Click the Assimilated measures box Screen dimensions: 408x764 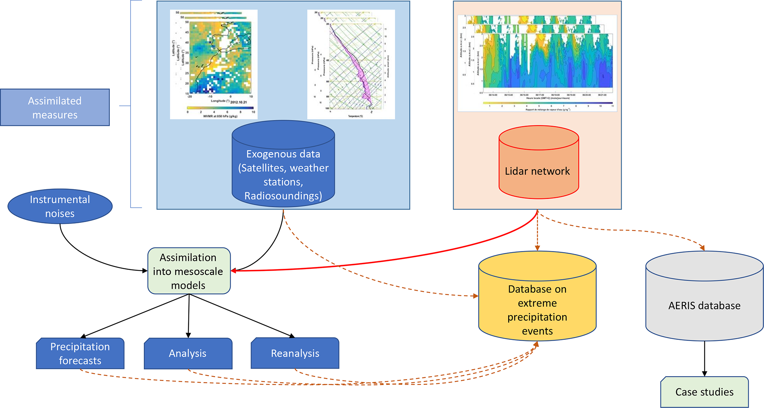point(55,107)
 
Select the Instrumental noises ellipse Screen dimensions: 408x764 point(60,206)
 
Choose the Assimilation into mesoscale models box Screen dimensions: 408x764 point(189,271)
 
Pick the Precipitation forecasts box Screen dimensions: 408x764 point(80,353)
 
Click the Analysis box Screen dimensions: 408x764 point(188,353)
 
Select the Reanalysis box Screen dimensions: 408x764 point(295,353)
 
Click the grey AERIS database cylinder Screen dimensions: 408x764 point(704,300)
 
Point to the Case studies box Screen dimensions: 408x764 point(704,392)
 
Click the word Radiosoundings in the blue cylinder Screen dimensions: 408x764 point(283,195)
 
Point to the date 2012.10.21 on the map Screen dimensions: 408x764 point(238,102)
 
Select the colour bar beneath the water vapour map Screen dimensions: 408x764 point(221,108)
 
